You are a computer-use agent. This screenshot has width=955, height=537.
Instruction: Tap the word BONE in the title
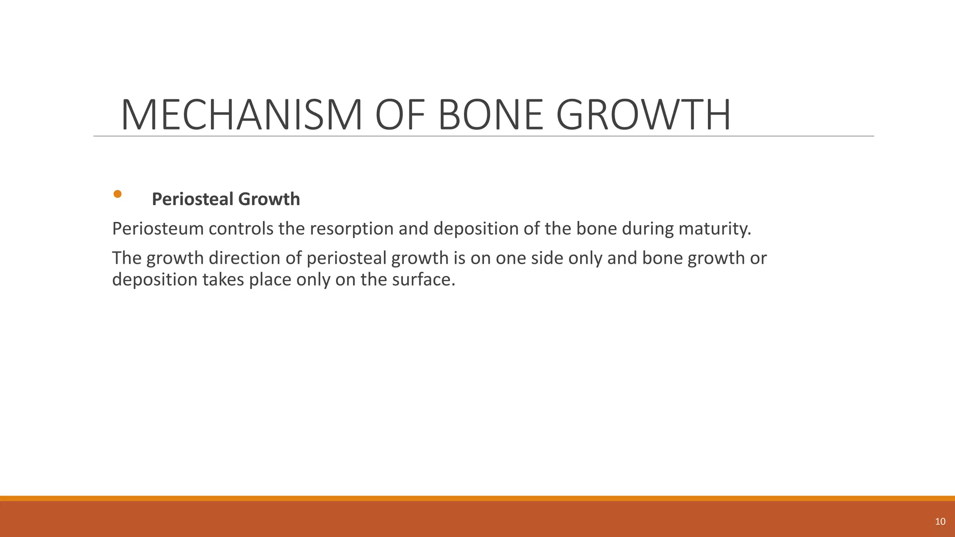[x=491, y=115]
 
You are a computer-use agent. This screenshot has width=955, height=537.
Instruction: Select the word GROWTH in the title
[x=644, y=115]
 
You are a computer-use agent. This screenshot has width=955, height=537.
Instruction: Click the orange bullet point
[x=118, y=194]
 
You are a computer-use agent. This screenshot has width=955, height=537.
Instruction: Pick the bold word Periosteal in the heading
[x=193, y=199]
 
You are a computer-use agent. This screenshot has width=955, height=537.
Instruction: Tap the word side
[x=546, y=258]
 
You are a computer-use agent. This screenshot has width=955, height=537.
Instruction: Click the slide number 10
[x=940, y=522]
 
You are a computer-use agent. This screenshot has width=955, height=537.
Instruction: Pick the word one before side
[x=510, y=258]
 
